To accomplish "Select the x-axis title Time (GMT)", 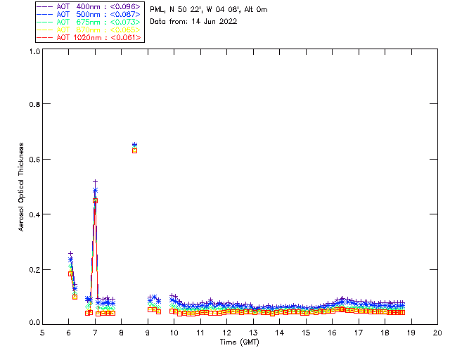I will (x=239, y=341).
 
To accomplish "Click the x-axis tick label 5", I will (x=42, y=332).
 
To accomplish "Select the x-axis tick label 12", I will (x=226, y=332).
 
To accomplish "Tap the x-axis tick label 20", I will (x=437, y=332).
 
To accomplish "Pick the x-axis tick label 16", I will (x=332, y=332).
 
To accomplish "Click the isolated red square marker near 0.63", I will (x=134, y=150).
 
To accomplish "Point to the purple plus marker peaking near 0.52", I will (x=95, y=181).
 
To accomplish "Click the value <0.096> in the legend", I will (x=122, y=7).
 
